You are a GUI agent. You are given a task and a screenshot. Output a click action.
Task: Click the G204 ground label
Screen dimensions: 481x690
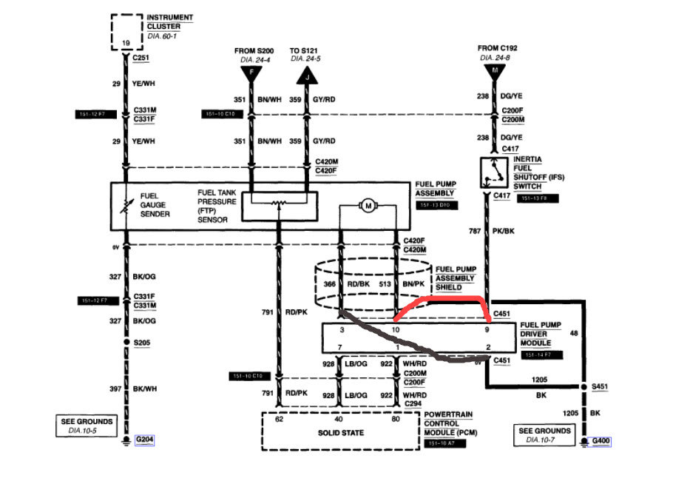point(144,439)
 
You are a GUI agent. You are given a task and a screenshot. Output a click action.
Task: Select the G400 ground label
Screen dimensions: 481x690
point(600,442)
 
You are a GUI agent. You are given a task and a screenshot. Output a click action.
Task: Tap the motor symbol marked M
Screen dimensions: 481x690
point(367,206)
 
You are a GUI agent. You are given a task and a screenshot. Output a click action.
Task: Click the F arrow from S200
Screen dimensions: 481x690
point(251,74)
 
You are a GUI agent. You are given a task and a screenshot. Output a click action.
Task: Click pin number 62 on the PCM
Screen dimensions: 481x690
point(280,419)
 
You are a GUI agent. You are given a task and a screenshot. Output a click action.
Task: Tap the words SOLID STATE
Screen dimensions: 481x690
point(341,433)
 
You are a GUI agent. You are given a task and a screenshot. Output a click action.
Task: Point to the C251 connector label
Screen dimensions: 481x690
point(141,57)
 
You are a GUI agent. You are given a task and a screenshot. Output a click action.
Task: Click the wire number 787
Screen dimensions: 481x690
point(476,230)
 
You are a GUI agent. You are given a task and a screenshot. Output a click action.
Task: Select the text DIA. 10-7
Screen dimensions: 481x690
point(544,440)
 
